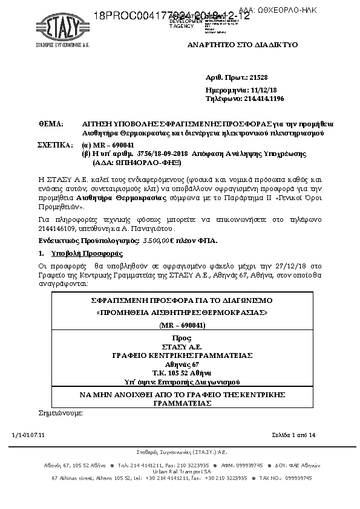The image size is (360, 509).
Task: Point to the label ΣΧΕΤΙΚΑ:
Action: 55,146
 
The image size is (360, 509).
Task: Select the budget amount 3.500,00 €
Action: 160,241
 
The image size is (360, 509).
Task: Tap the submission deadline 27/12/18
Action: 292,265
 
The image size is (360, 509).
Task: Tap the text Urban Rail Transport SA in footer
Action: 182,471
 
